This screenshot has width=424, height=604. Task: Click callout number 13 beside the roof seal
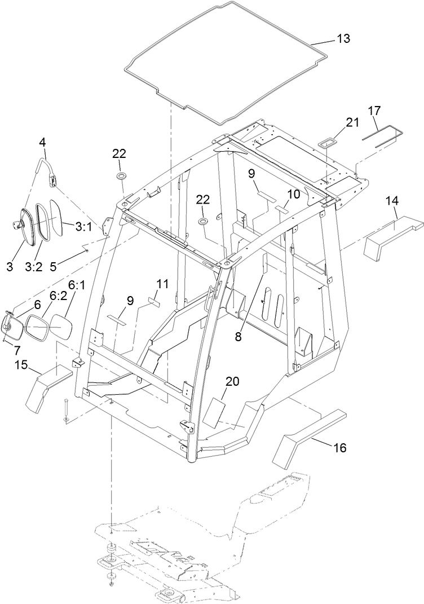[343, 39]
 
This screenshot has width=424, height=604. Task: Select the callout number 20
[233, 382]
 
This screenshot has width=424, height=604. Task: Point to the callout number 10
[294, 193]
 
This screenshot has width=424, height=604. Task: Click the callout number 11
[163, 284]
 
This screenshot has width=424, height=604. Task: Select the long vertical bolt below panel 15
[66, 409]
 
